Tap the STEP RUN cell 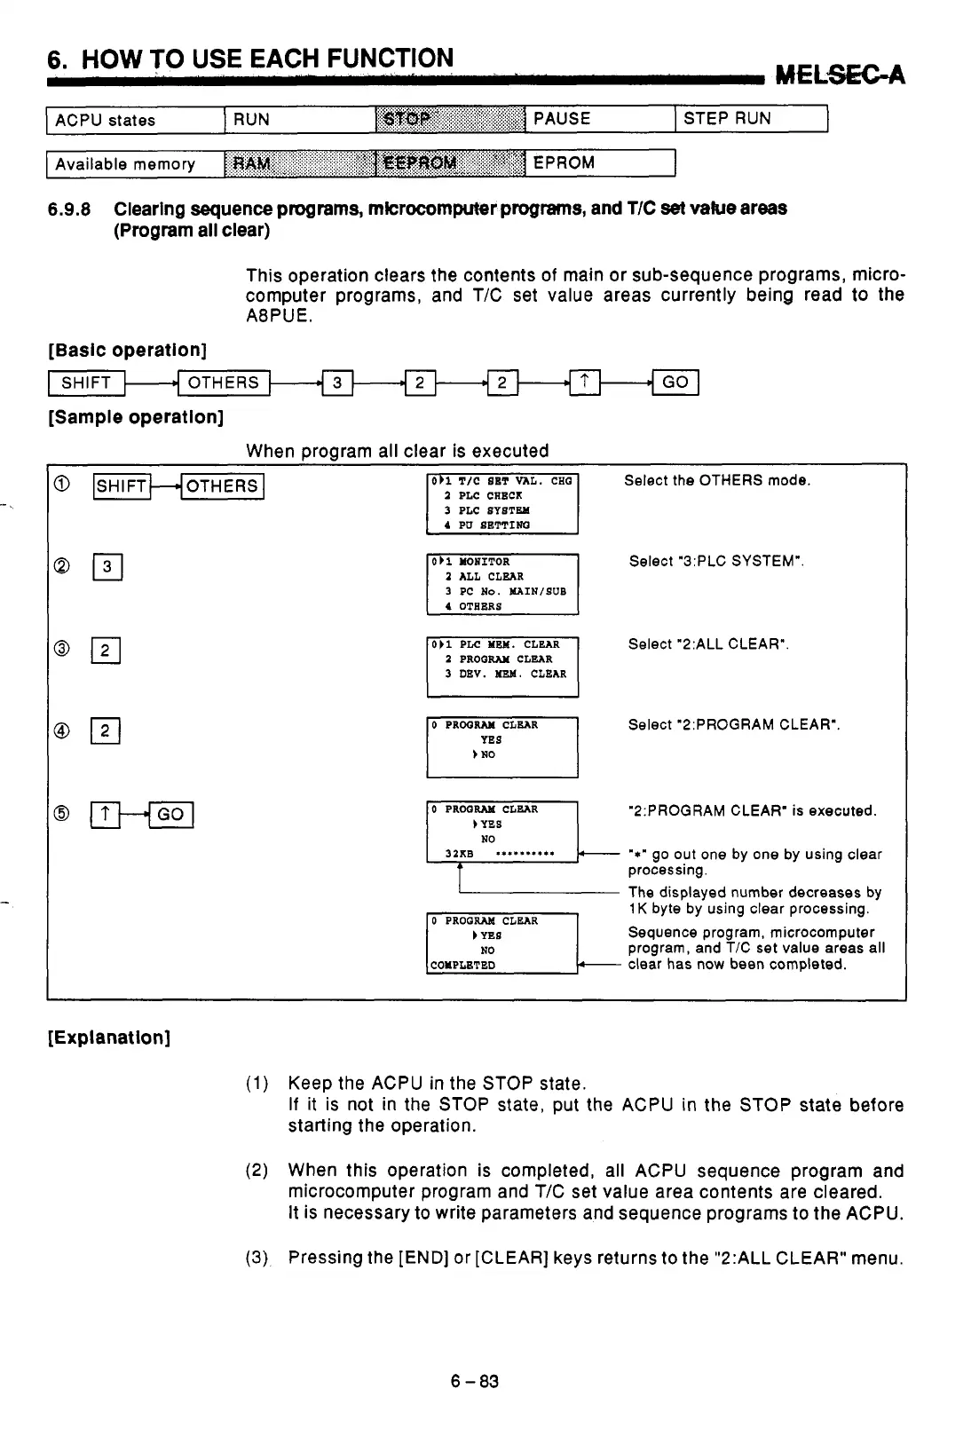pyautogui.click(x=751, y=119)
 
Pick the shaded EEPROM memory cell pyautogui.click(x=450, y=163)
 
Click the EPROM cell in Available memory pyautogui.click(x=600, y=163)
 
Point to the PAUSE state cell pyautogui.click(x=600, y=119)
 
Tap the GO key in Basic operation pyautogui.click(x=675, y=383)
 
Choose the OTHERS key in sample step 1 pyautogui.click(x=222, y=486)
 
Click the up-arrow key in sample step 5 pyautogui.click(x=105, y=815)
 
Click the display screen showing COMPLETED pyautogui.click(x=502, y=943)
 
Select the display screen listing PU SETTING pyautogui.click(x=502, y=503)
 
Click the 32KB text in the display pyautogui.click(x=460, y=855)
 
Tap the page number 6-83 pyautogui.click(x=475, y=1382)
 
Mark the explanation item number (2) pyautogui.click(x=257, y=1172)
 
